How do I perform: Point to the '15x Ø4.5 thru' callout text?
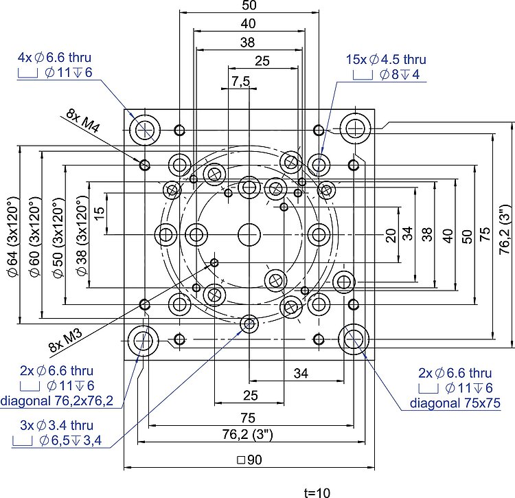click(x=386, y=60)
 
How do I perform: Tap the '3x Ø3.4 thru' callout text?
click(x=56, y=426)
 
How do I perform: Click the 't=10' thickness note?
click(x=317, y=493)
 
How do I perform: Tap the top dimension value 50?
click(x=249, y=5)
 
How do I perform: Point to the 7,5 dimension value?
click(x=241, y=81)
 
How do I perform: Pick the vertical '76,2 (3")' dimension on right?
click(x=505, y=230)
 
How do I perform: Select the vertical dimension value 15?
click(x=100, y=214)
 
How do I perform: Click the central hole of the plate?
click(x=249, y=234)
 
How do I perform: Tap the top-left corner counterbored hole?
click(x=146, y=128)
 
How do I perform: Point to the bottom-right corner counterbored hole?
click(x=354, y=338)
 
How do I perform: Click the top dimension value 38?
click(x=248, y=42)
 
